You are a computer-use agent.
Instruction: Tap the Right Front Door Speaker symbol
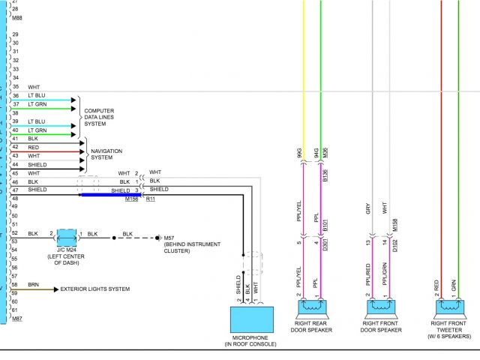click(382, 307)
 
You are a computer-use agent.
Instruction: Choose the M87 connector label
click(16, 319)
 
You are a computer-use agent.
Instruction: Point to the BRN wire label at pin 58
click(34, 285)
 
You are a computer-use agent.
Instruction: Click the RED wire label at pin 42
click(34, 148)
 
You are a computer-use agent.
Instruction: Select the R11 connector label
click(151, 199)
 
